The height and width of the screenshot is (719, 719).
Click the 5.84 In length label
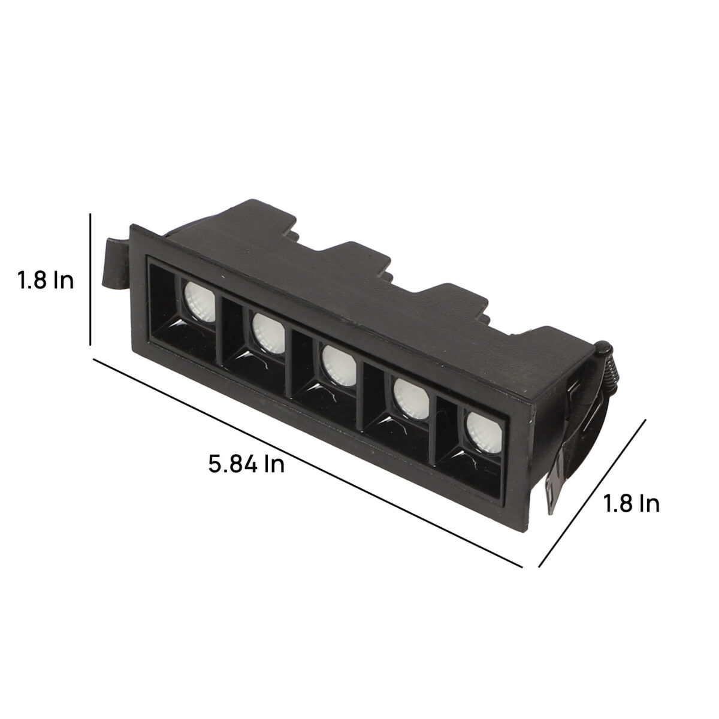(246, 464)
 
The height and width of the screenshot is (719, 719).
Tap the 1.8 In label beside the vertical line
(46, 280)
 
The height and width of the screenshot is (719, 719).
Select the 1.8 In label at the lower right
(632, 503)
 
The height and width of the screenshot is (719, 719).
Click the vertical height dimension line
(90, 279)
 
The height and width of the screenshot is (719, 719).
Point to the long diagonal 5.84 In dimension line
(307, 463)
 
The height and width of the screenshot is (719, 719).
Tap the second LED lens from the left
(268, 333)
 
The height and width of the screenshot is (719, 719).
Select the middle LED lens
(339, 365)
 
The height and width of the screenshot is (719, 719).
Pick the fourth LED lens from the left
(412, 399)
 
